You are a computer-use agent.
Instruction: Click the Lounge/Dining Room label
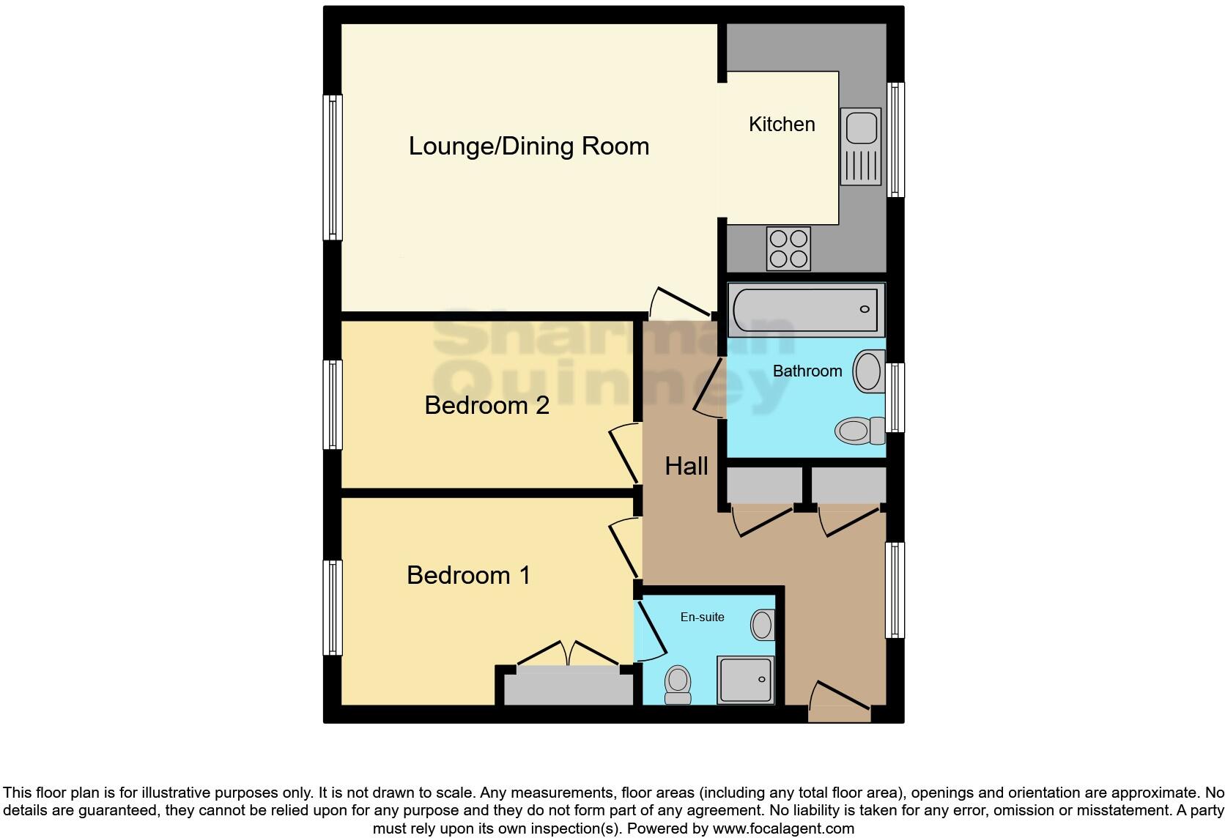point(528,146)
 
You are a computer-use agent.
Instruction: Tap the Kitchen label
point(782,124)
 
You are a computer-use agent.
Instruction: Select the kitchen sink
point(861,146)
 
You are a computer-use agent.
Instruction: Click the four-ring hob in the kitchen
point(788,248)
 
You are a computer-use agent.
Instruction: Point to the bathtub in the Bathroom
point(806,309)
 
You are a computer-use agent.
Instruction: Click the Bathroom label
point(807,371)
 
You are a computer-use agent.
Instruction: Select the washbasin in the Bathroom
point(869,371)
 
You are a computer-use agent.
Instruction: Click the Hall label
point(686,466)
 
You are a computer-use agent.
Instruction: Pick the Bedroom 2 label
point(486,405)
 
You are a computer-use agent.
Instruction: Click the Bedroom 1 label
point(468,575)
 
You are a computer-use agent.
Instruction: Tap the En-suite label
point(702,617)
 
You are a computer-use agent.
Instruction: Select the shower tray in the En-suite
point(745,679)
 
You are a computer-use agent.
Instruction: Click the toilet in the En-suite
point(678,684)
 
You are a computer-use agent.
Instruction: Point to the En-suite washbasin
point(762,625)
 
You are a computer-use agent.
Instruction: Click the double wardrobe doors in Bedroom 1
point(568,653)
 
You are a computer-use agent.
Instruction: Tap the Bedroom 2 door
point(624,454)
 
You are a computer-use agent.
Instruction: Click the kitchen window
point(895,139)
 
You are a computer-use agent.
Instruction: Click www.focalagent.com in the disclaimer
point(783,828)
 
